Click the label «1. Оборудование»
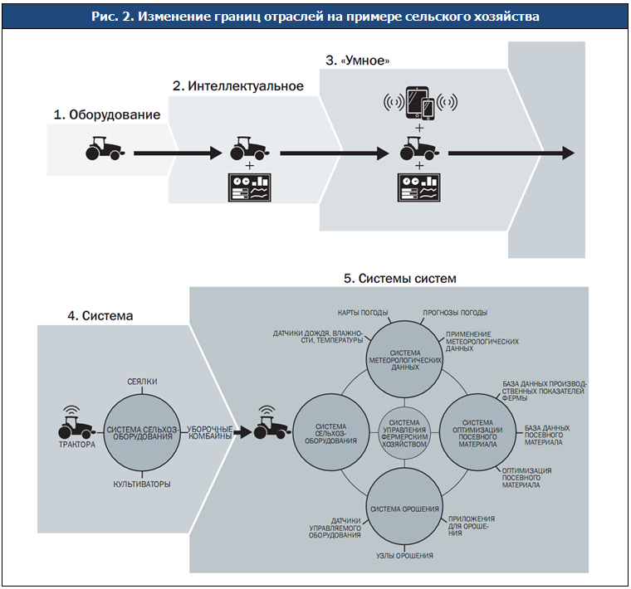coord(107,115)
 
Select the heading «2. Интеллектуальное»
coord(237,86)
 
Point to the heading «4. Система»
coord(100,315)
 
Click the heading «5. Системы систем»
coord(399,278)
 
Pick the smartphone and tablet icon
coord(419,104)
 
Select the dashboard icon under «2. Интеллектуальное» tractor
coord(251,187)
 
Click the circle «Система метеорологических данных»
coord(404,358)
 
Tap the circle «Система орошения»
coord(404,508)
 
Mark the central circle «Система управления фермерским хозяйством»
coord(404,433)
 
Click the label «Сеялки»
coord(142,381)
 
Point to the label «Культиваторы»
coord(142,484)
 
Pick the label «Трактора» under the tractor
coord(76,444)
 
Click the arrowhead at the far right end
coord(567,153)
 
